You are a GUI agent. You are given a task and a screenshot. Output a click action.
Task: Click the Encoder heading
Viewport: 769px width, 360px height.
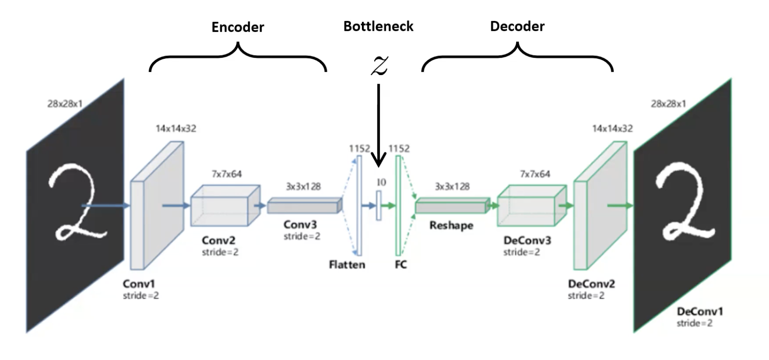point(238,27)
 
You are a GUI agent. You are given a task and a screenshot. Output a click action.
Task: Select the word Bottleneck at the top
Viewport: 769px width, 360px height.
point(378,26)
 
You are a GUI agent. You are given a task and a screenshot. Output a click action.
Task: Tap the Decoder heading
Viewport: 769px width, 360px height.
point(517,26)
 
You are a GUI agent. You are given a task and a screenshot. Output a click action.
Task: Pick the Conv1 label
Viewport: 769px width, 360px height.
point(139,284)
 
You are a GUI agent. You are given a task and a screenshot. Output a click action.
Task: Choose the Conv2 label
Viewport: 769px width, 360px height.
point(219,241)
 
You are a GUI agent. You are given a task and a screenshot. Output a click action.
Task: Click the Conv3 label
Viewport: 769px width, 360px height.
point(300,224)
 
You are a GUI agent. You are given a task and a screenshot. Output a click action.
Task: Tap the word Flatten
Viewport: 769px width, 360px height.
point(347,265)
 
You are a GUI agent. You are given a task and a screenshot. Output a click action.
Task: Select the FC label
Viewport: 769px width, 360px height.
point(401,265)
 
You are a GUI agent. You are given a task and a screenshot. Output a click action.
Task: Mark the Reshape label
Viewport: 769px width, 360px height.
point(451,225)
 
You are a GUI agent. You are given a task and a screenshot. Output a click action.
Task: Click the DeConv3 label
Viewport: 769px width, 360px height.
point(527,241)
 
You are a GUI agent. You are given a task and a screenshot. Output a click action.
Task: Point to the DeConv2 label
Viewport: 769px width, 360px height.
point(592,284)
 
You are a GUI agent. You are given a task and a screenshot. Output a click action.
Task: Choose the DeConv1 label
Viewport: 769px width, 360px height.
point(700,311)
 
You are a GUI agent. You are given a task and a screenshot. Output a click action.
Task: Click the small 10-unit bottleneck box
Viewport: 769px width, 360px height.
point(378,206)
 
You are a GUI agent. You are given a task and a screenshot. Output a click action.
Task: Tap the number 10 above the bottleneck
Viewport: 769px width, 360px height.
point(381,183)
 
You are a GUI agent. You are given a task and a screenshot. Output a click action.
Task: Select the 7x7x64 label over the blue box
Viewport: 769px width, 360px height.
point(226,174)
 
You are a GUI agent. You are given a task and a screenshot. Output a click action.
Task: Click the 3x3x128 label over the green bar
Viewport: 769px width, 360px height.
point(452,186)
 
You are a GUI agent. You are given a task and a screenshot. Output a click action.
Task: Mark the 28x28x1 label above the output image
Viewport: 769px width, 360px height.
point(668,104)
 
